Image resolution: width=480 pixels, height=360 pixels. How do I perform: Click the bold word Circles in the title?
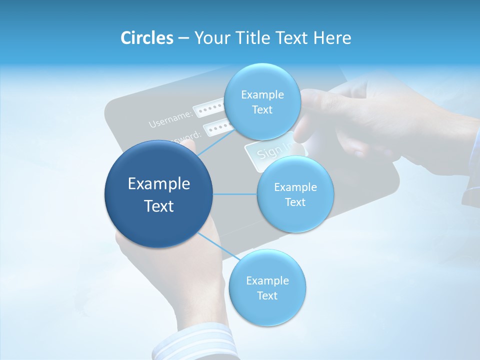[147, 38]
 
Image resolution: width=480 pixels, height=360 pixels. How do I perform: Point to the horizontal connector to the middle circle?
[235, 194]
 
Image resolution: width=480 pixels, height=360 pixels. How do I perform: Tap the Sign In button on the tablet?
[270, 150]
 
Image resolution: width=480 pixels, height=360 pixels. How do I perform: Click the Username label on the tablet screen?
[170, 118]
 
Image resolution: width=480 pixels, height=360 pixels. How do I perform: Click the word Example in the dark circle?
[159, 184]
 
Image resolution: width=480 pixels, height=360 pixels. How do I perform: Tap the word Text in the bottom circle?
[267, 295]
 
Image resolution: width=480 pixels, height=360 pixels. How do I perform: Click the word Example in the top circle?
[262, 95]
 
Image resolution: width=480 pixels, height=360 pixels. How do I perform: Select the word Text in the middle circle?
[295, 202]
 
